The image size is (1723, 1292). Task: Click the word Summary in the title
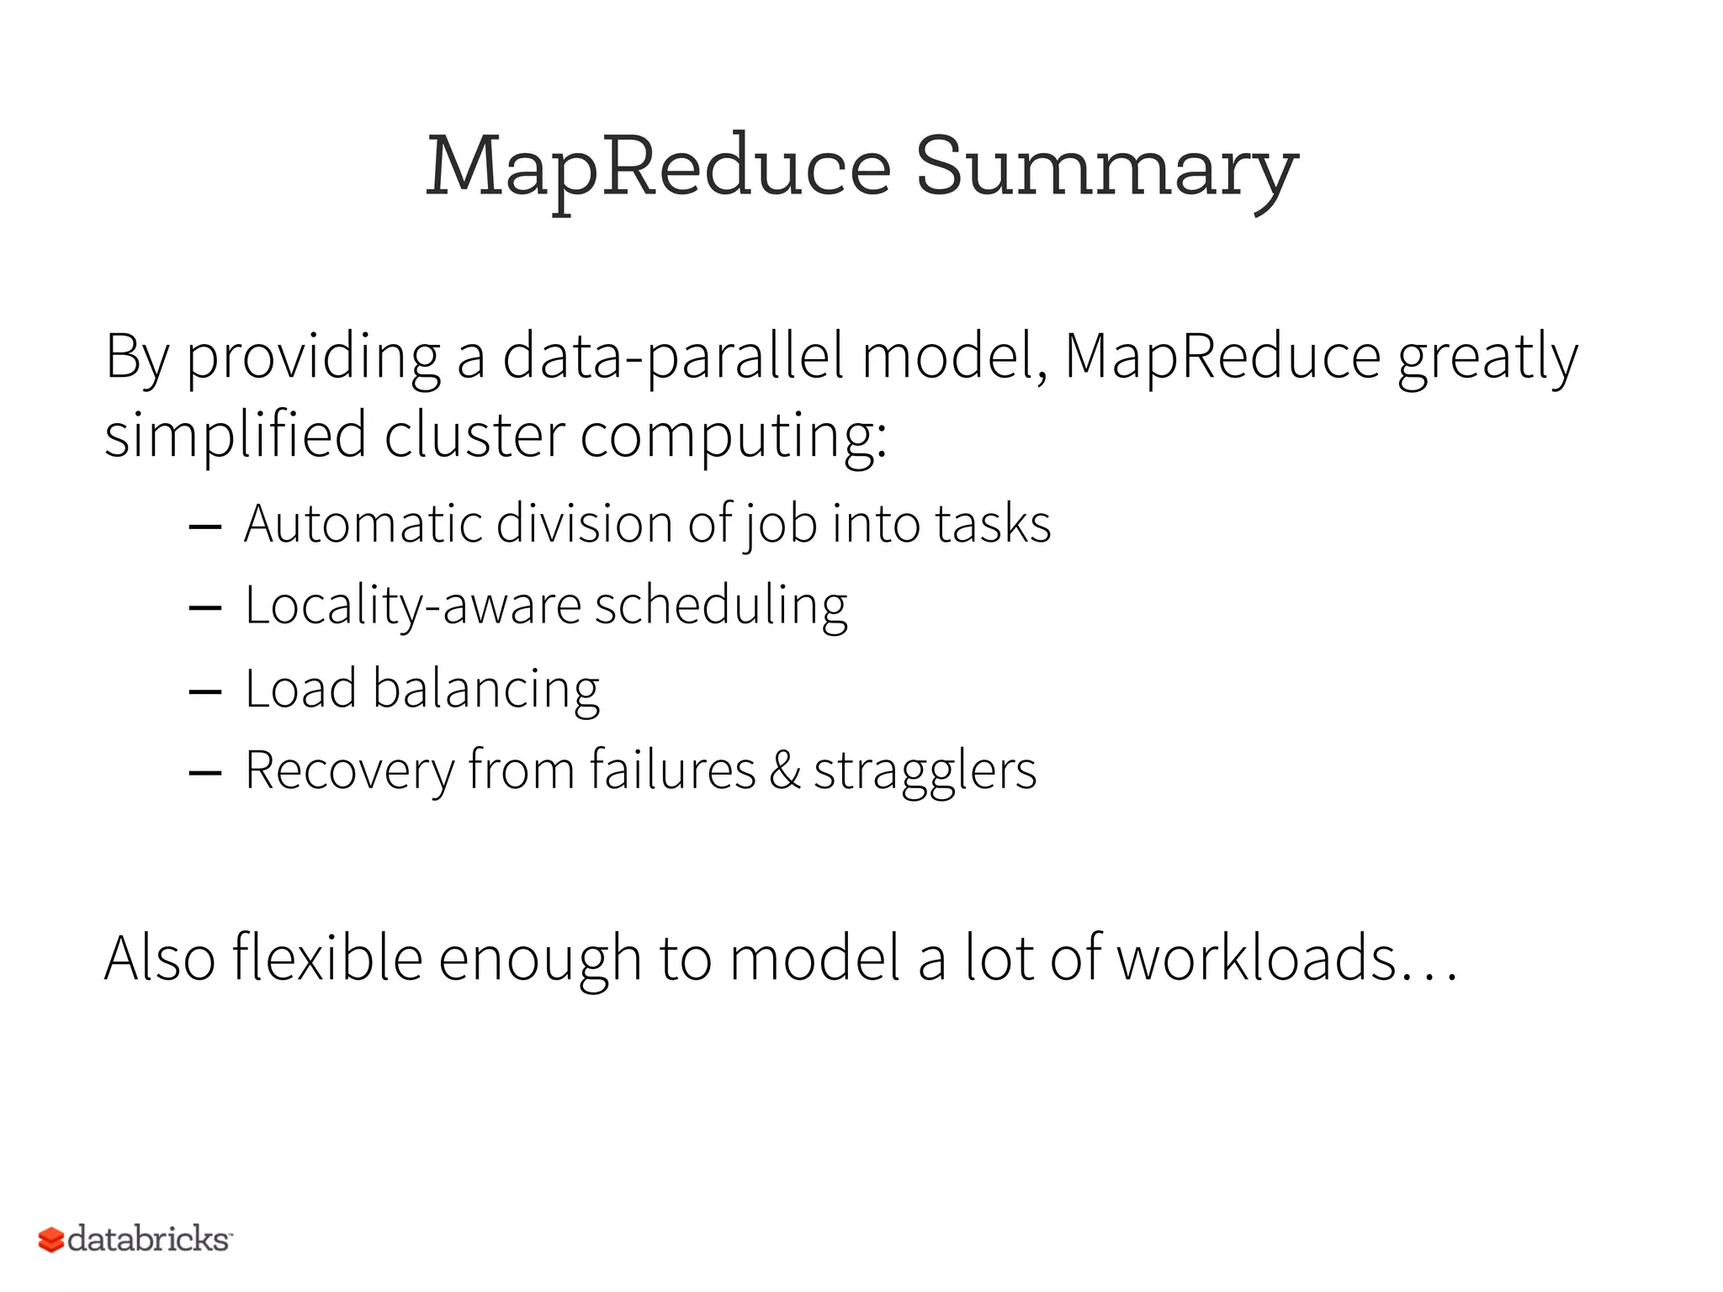[1106, 168]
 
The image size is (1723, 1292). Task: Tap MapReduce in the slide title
[658, 168]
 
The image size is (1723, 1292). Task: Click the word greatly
[1487, 358]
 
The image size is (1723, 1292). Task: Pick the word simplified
[236, 436]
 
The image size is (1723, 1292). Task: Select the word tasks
[993, 523]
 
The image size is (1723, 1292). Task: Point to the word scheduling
[721, 606]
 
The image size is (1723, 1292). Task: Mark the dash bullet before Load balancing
[205, 691]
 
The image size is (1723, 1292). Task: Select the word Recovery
[349, 770]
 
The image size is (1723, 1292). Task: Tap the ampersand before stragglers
[784, 770]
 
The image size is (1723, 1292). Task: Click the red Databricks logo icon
[51, 1240]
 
